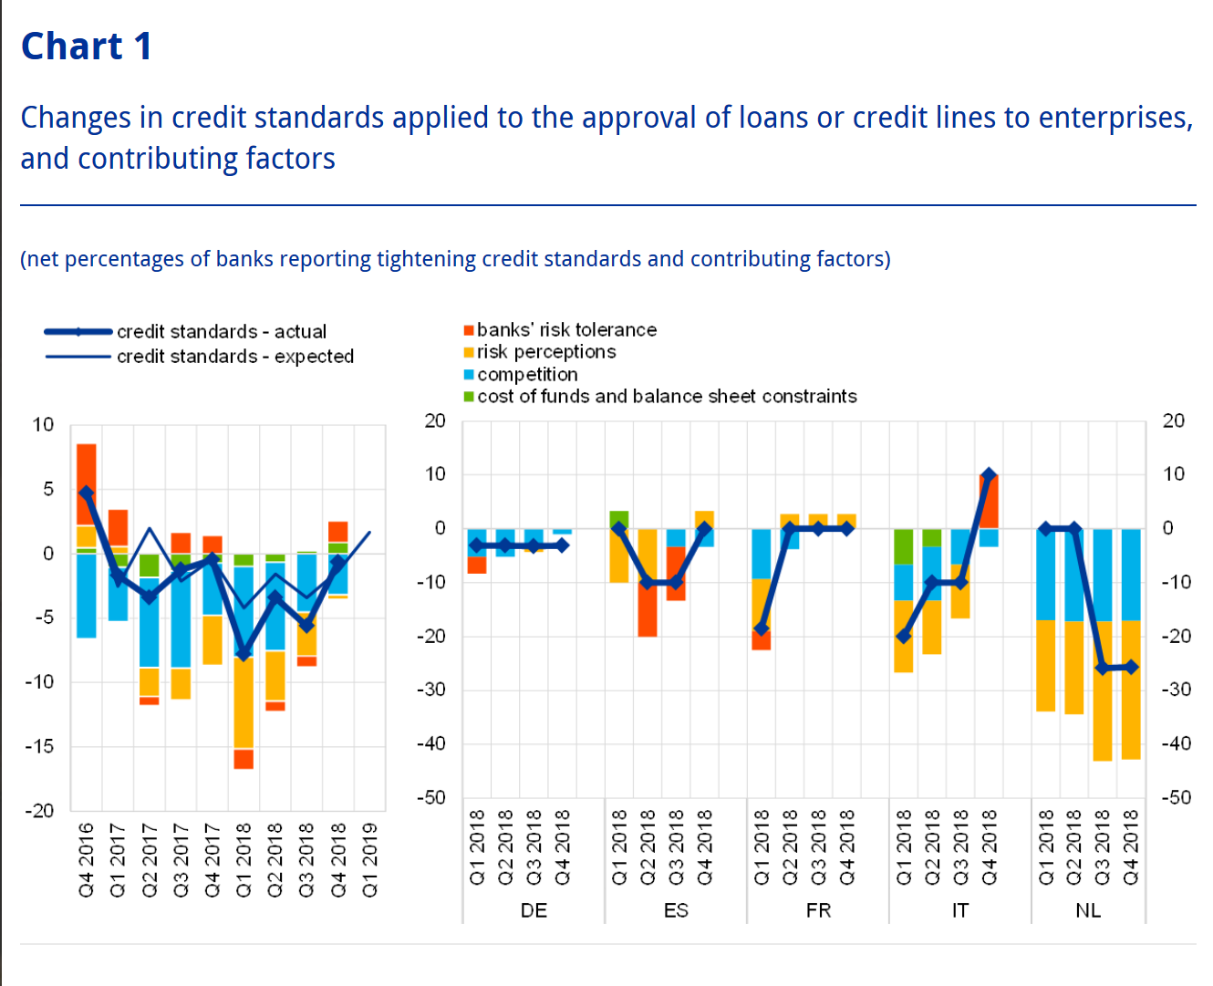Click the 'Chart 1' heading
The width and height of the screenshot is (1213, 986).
pos(87,46)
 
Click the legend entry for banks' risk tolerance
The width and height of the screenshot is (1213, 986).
pos(565,329)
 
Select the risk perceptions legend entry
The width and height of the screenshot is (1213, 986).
pos(545,351)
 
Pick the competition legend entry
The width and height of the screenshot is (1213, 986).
pos(526,374)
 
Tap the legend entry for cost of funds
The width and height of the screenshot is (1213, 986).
pos(666,396)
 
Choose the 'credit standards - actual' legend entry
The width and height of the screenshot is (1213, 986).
pos(221,331)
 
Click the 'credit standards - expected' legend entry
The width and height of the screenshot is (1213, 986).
pos(234,356)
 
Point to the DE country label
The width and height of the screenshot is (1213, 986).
pos(534,910)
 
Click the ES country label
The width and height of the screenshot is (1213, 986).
pos(676,910)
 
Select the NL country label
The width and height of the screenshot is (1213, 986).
pos(1088,910)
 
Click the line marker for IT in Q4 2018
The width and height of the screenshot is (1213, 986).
pos(989,475)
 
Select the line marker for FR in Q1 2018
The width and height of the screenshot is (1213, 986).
pos(762,629)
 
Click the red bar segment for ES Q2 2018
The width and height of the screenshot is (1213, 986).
pos(648,609)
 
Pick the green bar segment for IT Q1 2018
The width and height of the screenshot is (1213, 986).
pos(904,547)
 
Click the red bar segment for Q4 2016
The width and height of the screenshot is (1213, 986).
pos(87,483)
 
